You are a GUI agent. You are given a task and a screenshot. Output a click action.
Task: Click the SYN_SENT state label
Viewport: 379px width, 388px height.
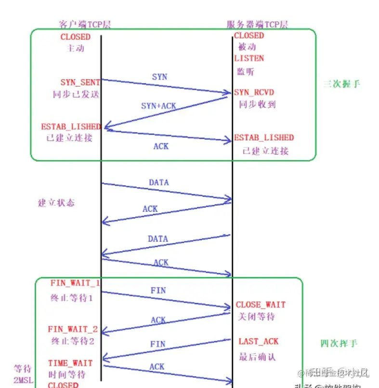click(x=80, y=82)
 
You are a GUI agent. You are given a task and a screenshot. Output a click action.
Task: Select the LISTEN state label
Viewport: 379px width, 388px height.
click(x=249, y=58)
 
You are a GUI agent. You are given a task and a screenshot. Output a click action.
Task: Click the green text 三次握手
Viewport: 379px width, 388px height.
click(x=341, y=84)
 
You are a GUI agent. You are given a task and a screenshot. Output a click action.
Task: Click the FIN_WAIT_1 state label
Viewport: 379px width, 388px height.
click(x=75, y=282)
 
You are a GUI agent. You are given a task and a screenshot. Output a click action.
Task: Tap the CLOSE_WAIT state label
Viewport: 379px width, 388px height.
click(x=261, y=305)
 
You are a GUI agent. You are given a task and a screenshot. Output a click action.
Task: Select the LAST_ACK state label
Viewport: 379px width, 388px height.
click(x=259, y=341)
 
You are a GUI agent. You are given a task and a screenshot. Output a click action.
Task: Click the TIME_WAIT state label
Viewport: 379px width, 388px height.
click(x=70, y=362)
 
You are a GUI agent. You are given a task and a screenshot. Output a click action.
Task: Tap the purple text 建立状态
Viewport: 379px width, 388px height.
click(x=56, y=202)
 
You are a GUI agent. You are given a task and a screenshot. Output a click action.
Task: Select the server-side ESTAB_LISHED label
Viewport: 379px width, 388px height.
click(x=263, y=138)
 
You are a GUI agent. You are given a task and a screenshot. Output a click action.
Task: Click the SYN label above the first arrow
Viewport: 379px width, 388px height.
click(x=159, y=77)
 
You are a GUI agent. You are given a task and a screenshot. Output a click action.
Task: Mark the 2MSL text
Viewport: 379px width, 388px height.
click(x=21, y=380)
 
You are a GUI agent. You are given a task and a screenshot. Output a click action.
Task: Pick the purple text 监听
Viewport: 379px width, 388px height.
click(x=245, y=72)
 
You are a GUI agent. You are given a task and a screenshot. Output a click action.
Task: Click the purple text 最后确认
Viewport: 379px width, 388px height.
click(x=257, y=357)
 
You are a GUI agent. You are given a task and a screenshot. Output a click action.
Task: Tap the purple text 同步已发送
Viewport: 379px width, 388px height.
click(x=76, y=94)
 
